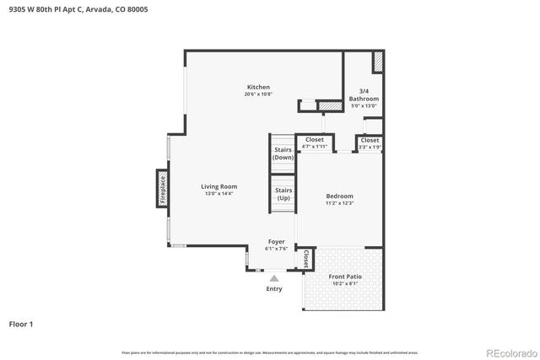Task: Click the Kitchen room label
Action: tap(258, 88)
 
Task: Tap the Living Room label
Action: tap(219, 186)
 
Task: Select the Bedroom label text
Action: tap(339, 196)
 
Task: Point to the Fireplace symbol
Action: tap(161, 189)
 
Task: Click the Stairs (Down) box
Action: tap(283, 153)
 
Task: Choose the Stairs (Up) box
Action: tap(283, 194)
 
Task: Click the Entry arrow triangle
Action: tap(273, 277)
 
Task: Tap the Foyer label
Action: tap(276, 242)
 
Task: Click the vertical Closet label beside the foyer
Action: tap(305, 259)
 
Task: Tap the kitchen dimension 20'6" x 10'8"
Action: tap(258, 94)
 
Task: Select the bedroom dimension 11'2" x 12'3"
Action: tap(339, 203)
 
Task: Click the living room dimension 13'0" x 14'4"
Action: tap(219, 194)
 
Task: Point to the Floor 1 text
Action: tap(20, 324)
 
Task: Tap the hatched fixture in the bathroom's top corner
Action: tap(378, 62)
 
